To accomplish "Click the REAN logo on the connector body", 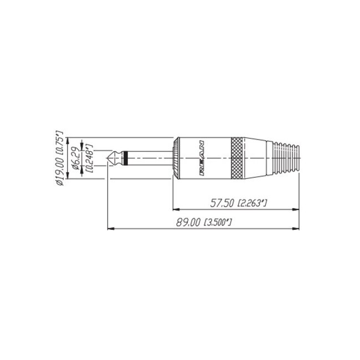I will pyautogui.click(x=202, y=158).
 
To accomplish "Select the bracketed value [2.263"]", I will pyautogui.click(x=253, y=204).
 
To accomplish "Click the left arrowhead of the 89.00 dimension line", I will pyautogui.click(x=109, y=227).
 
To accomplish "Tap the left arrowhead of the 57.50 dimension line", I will pyautogui.click(x=177, y=209).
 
